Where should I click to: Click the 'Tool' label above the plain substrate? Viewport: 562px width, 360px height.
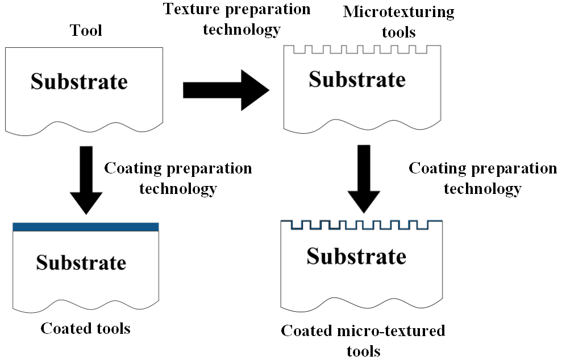86,30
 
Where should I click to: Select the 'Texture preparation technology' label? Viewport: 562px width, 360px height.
236,19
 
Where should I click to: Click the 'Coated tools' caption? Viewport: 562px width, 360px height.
85,328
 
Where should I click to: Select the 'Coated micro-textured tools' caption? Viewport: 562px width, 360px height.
363,340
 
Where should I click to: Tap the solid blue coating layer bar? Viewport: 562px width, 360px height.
85,227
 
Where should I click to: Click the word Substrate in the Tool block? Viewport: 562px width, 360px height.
79,81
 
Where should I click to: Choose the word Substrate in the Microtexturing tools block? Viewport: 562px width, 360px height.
357,79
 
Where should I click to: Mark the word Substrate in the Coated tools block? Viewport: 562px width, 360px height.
81,262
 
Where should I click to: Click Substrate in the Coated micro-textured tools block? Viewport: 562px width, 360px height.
356,256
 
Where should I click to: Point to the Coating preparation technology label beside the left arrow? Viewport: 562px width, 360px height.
178,178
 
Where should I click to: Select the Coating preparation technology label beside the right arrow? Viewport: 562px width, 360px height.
482,178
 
